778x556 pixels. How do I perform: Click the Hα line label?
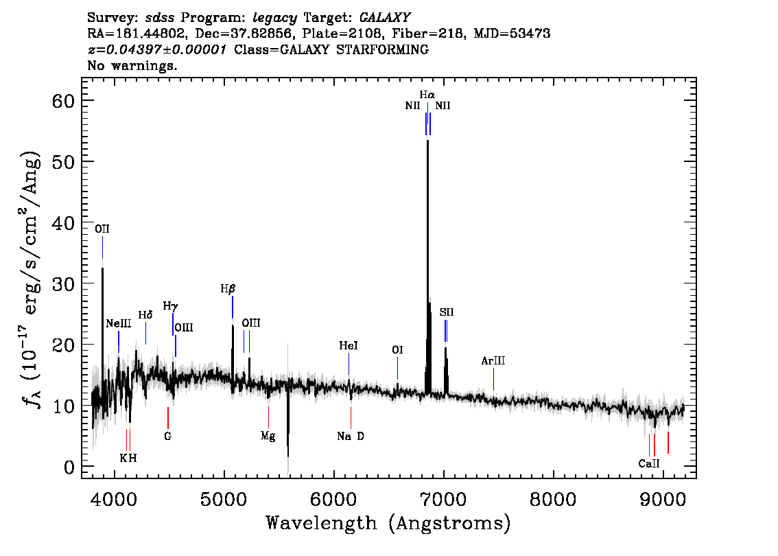click(x=427, y=94)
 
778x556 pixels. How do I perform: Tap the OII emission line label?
click(x=102, y=229)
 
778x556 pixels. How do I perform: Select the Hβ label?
click(x=228, y=288)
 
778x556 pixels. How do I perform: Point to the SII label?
click(x=447, y=312)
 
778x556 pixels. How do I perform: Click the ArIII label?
click(x=493, y=361)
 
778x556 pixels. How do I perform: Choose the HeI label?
click(x=349, y=345)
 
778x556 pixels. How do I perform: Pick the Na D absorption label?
click(x=351, y=437)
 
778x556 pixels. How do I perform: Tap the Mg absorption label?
click(x=268, y=437)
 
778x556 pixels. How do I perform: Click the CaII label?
click(x=649, y=463)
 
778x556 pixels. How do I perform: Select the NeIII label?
click(x=119, y=324)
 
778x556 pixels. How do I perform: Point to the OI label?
click(x=397, y=350)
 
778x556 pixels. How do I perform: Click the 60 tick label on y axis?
click(x=63, y=101)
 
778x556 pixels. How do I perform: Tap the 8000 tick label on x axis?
click(x=553, y=499)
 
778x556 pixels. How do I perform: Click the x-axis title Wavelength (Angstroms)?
click(x=388, y=523)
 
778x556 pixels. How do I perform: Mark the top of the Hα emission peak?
click(x=427, y=141)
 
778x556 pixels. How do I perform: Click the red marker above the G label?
click(x=168, y=418)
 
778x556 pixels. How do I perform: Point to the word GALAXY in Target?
click(x=384, y=18)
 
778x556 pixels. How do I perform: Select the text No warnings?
click(x=132, y=65)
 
